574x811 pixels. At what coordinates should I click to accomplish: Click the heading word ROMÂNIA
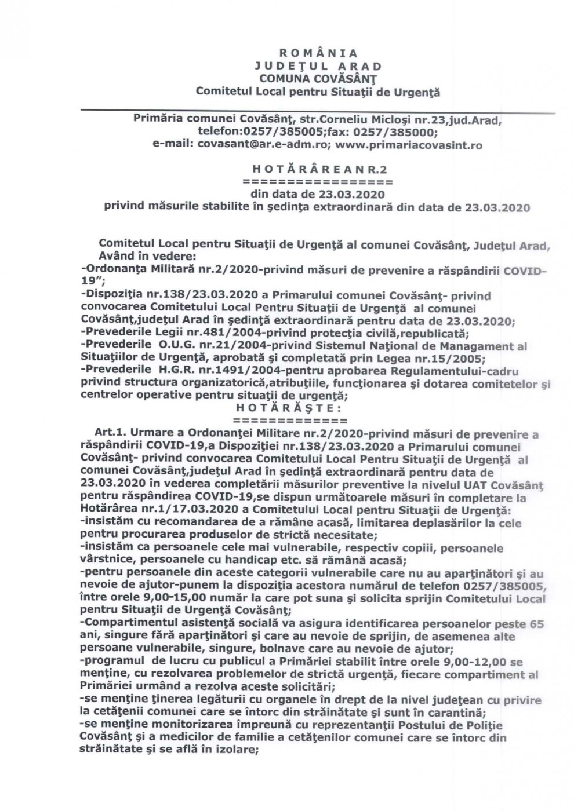click(x=318, y=54)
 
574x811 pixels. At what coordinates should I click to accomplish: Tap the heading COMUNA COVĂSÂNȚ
click(x=318, y=78)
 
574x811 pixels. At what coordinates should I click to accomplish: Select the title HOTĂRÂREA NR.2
click(x=319, y=169)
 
